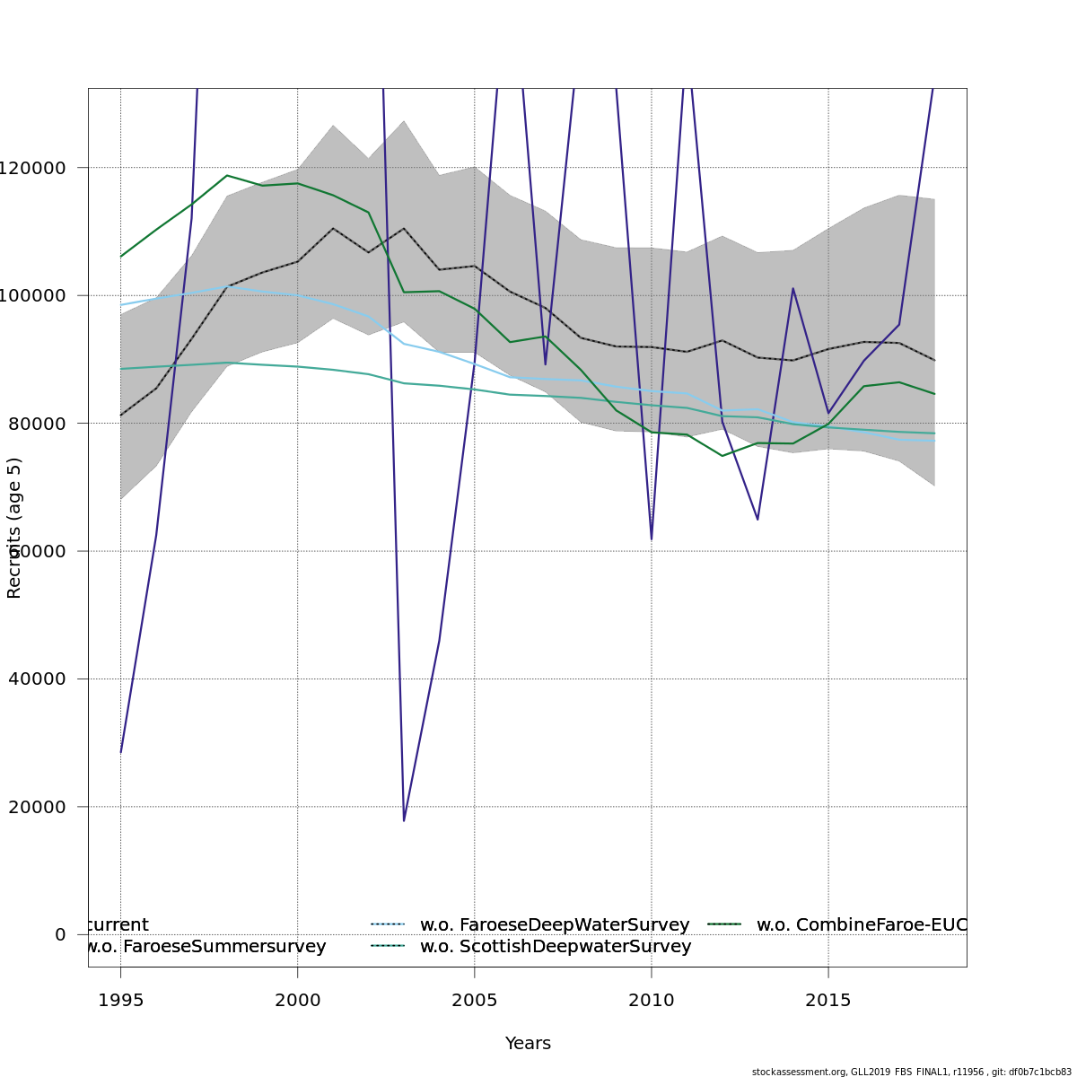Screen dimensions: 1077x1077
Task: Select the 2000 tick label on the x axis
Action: [x=297, y=1000]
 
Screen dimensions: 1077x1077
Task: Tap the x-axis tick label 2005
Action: [x=474, y=1000]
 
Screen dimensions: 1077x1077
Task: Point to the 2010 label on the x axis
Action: [x=651, y=1000]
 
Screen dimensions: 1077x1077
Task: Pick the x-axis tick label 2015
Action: [x=827, y=1000]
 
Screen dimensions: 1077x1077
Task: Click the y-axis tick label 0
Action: [x=60, y=934]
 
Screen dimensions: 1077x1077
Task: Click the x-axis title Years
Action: [x=528, y=1044]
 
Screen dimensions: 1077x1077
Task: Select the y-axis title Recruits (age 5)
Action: [x=14, y=528]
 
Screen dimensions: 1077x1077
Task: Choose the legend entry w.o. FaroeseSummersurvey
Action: [x=205, y=947]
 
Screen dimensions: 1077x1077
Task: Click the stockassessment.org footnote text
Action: [x=911, y=1072]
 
